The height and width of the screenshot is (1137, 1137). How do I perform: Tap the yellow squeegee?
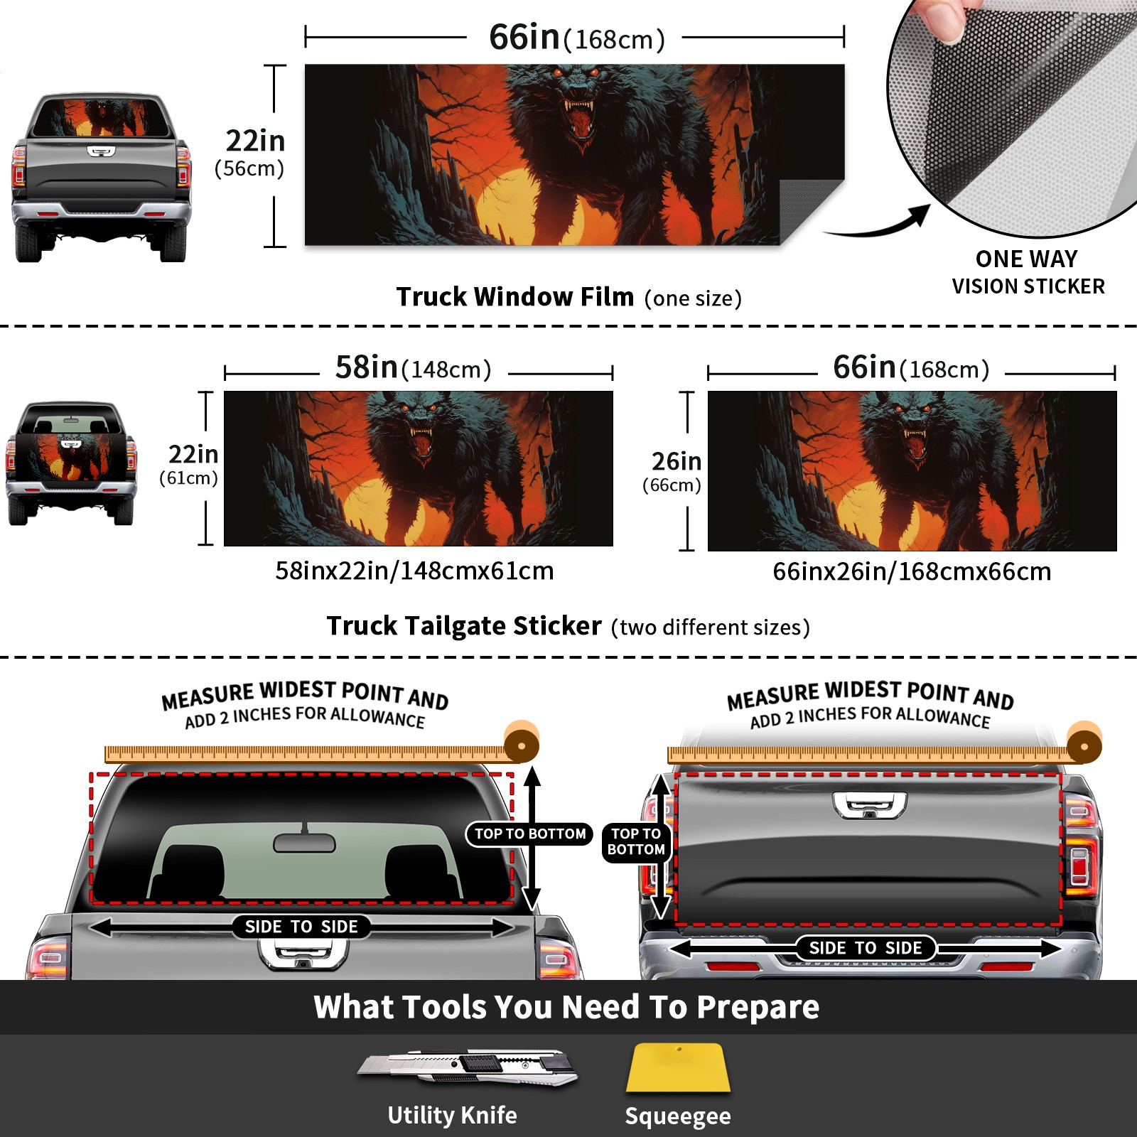678,1068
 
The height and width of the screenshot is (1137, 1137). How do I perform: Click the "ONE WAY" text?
1026,259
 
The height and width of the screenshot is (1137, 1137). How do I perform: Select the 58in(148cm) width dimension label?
413,368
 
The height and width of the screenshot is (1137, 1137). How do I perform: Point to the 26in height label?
677,462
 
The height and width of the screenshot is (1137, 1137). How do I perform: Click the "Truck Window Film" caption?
514,296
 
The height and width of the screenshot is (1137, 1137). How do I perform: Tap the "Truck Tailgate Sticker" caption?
463,626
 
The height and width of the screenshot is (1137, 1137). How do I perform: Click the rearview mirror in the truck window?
304,842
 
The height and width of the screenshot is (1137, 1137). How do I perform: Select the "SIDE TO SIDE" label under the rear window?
301,927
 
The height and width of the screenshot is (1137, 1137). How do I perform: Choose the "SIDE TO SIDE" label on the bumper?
865,948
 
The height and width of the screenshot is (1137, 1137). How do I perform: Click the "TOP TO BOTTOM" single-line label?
530,834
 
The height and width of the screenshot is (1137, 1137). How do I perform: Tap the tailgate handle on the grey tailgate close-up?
870,804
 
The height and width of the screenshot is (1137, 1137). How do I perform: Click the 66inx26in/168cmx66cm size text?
912,571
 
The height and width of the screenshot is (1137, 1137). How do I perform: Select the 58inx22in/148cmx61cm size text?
414,571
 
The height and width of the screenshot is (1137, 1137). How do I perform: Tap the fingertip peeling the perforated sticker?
945,20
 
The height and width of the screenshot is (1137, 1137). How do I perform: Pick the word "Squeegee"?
678,1116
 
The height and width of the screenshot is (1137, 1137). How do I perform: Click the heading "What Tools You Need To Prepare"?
566,1007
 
